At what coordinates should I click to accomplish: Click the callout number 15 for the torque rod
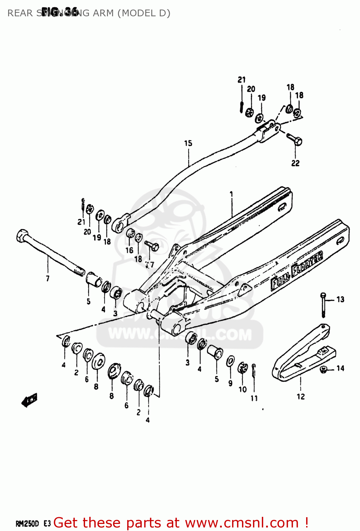[x=188, y=143]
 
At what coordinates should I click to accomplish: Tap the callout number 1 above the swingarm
[x=231, y=194]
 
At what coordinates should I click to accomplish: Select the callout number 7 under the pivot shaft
[x=47, y=279]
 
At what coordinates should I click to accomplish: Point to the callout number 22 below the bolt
[x=295, y=163]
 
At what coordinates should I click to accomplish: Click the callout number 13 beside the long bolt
[x=340, y=299]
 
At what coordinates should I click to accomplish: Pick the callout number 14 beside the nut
[x=340, y=369]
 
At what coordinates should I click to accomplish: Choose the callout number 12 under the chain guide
[x=300, y=396]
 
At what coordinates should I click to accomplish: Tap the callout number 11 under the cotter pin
[x=254, y=398]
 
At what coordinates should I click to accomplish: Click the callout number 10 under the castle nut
[x=242, y=389]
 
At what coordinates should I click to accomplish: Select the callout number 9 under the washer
[x=230, y=383]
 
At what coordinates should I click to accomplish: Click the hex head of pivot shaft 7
[x=22, y=235]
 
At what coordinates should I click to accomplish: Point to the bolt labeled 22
[x=294, y=139]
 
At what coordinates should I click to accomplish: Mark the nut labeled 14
[x=323, y=370]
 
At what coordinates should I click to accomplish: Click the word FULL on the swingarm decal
[x=280, y=282]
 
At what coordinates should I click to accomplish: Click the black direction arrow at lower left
[x=29, y=400]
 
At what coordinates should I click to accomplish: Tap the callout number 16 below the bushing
[x=129, y=250]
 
